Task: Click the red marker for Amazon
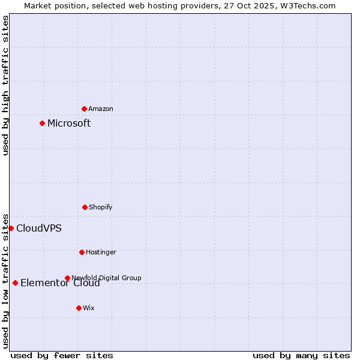coord(84,109)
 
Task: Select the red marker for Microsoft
coord(42,123)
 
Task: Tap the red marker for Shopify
coord(85,207)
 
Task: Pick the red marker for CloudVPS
coord(11,228)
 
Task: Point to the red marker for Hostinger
coord(82,252)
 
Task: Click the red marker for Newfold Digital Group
coord(67,278)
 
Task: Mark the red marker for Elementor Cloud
coord(15,283)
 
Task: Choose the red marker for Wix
coord(79,308)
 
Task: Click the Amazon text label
coord(101,109)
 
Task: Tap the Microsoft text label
coord(69,123)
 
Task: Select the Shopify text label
coord(101,207)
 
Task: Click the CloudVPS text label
coord(38,228)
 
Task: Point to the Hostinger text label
coord(101,252)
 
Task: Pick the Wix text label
coord(89,308)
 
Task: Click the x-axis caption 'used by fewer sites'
coord(62,355)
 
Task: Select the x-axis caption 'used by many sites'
coord(301,355)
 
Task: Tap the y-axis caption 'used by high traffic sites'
coord(5,85)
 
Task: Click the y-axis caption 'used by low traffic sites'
coord(5,281)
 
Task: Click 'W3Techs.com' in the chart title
coord(307,5)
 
